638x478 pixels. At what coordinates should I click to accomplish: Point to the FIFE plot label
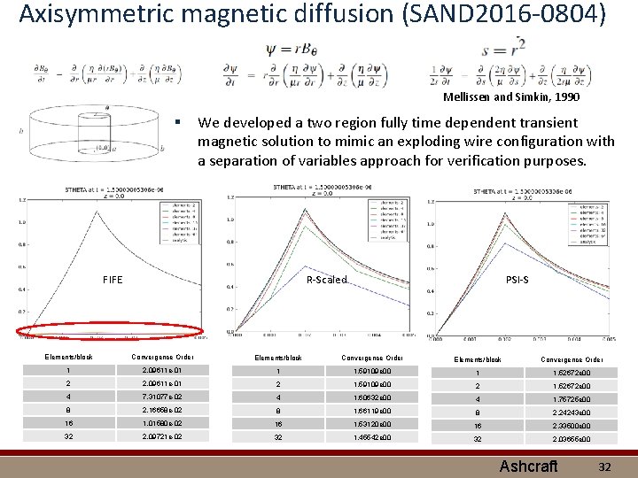[113, 280]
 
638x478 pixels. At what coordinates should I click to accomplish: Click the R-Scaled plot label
[326, 280]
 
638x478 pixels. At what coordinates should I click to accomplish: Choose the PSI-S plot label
[517, 280]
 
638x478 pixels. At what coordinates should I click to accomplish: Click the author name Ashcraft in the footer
[528, 466]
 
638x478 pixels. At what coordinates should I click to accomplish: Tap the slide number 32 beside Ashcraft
[605, 466]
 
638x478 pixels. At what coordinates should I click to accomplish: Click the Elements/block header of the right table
[478, 359]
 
